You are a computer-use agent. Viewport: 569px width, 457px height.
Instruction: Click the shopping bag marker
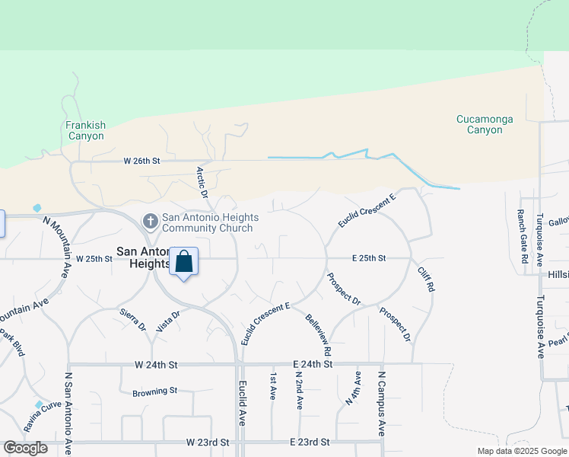pos(183,263)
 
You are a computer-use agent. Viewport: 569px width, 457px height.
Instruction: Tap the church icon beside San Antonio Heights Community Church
pos(151,222)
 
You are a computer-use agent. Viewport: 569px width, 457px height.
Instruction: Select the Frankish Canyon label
pos(85,130)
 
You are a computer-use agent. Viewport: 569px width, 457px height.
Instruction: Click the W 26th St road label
pos(142,161)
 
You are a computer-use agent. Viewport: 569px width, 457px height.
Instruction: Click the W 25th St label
pos(93,258)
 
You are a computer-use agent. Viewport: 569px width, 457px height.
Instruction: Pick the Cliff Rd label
pos(426,280)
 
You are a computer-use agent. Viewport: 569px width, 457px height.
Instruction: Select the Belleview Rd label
pos(319,335)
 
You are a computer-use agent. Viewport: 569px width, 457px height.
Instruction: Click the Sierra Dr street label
pos(132,319)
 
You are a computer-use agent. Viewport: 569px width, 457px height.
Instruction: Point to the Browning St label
pos(154,391)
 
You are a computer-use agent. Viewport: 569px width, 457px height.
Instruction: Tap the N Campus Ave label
pos(382,404)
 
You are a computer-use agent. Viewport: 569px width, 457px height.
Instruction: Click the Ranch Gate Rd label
pos(523,236)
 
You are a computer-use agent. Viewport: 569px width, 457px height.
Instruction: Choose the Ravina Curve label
pos(41,416)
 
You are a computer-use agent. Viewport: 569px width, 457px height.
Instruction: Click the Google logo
pos(25,448)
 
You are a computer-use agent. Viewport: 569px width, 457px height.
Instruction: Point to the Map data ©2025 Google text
pos(521,451)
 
